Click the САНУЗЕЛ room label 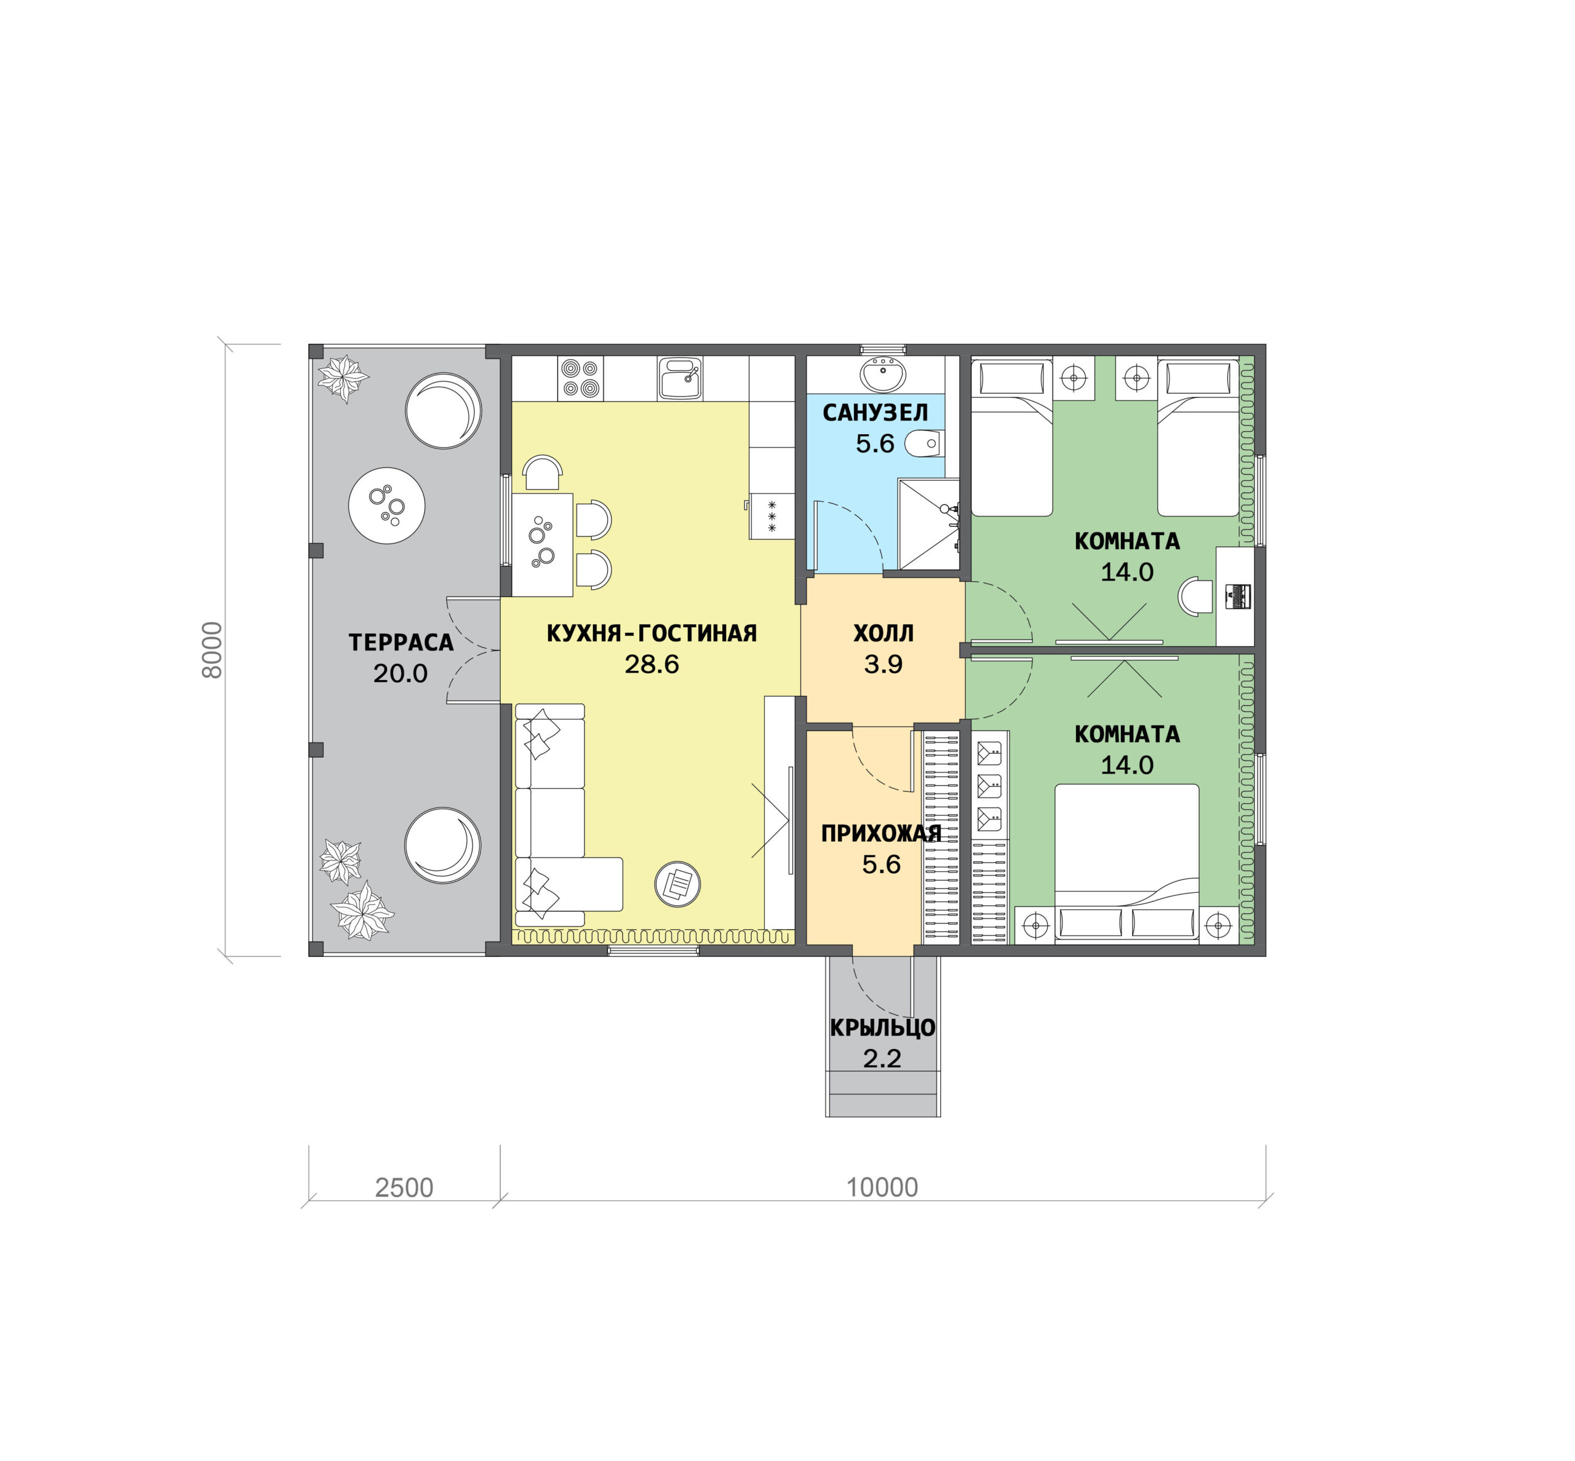click(x=874, y=413)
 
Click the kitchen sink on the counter click(x=679, y=379)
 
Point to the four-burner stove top click(x=580, y=379)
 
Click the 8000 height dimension click(x=212, y=650)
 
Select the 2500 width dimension click(x=404, y=1187)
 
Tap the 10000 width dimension click(x=882, y=1187)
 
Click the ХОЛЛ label click(x=883, y=633)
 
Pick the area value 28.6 click(x=651, y=664)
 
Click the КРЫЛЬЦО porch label click(x=882, y=1027)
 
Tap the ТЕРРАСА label click(x=401, y=642)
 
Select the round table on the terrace click(x=386, y=505)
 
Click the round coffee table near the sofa click(x=677, y=883)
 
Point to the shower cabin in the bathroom click(x=928, y=523)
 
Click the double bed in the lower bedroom click(x=1126, y=863)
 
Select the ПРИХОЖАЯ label click(x=880, y=833)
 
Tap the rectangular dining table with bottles click(x=542, y=545)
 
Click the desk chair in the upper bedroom click(x=1195, y=596)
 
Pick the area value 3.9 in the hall click(x=883, y=664)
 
